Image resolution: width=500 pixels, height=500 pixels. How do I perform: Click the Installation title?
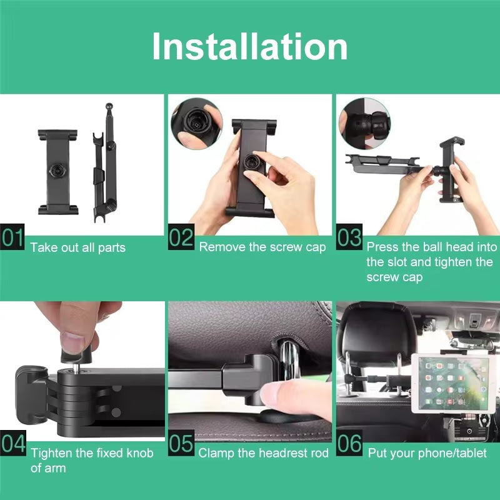pyautogui.click(x=249, y=47)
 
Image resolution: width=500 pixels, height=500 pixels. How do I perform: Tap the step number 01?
pyautogui.click(x=13, y=239)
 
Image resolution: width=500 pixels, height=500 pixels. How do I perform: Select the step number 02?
pyautogui.click(x=181, y=239)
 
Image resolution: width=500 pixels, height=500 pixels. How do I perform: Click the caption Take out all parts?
pyautogui.click(x=77, y=247)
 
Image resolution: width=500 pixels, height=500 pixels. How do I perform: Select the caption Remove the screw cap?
pyautogui.click(x=262, y=247)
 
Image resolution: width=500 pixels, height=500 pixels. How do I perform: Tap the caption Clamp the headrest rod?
pyautogui.click(x=263, y=452)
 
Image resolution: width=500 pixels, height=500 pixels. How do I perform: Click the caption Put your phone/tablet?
pyautogui.click(x=427, y=452)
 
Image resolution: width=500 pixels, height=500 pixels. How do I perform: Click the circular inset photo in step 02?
pyautogui.click(x=196, y=122)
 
